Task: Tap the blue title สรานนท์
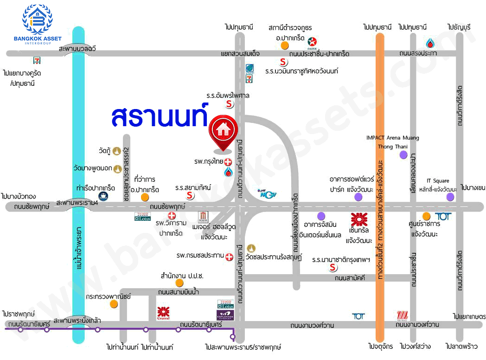159,116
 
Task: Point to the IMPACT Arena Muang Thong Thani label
392,142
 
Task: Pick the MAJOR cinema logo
203,217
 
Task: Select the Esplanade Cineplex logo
226,315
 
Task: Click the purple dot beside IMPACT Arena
403,154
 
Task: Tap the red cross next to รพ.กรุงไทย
228,162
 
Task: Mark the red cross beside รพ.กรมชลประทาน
229,256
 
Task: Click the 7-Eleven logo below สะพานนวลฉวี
37,60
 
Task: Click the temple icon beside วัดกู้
117,151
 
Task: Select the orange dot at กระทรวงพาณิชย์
114,304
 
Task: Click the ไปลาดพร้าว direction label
460,347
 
